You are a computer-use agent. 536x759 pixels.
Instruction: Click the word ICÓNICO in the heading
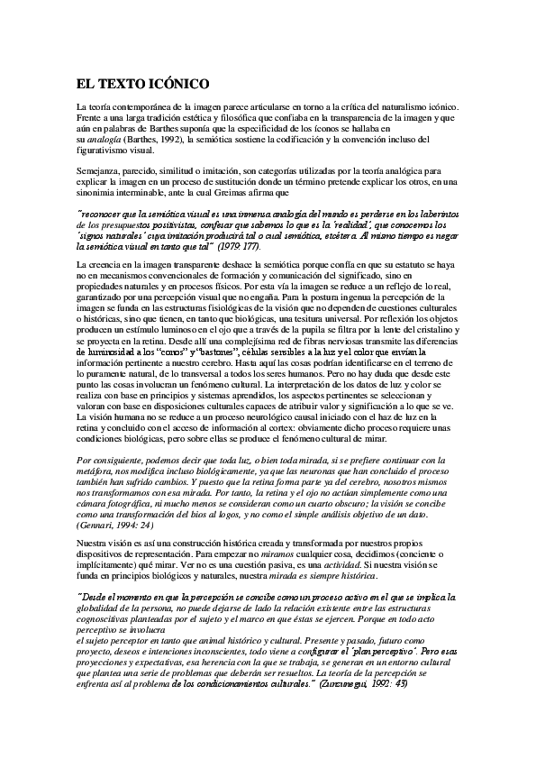tap(177, 84)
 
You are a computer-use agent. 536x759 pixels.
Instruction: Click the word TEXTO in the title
tap(121, 84)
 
